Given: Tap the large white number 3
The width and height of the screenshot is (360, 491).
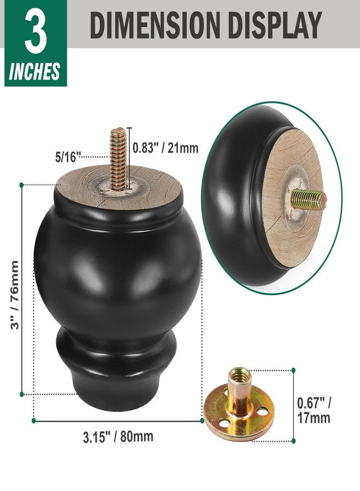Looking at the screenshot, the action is [35, 31].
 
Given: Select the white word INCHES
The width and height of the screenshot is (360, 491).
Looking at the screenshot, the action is [34, 71].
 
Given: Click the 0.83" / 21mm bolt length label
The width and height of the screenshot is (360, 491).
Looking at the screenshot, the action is [166, 148].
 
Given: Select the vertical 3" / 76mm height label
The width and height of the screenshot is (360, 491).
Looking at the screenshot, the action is [14, 295].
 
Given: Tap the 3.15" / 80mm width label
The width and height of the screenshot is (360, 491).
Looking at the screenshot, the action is [118, 437].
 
